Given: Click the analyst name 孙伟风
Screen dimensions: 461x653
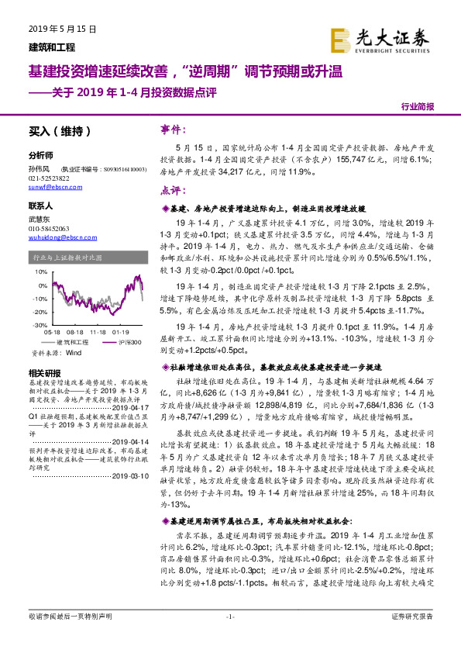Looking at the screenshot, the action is (38, 168).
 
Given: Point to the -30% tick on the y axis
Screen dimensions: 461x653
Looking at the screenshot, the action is (37, 326).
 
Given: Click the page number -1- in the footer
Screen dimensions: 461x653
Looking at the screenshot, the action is (230, 638).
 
